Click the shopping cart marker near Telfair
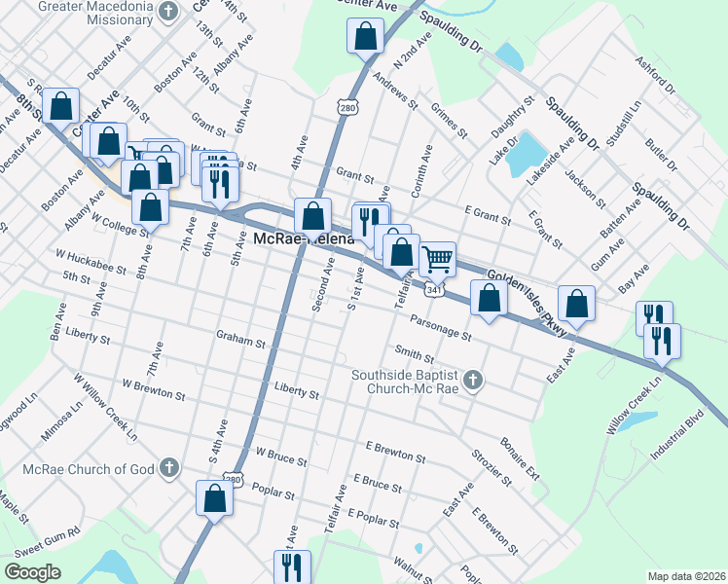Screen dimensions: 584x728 [438, 258]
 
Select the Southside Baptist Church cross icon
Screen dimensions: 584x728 [473, 380]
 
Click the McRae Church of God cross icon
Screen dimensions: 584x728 [169, 468]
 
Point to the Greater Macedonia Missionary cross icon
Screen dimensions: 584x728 [169, 13]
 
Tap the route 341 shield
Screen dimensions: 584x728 [435, 289]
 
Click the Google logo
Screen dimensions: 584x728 [32, 572]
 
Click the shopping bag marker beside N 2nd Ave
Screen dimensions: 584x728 [364, 38]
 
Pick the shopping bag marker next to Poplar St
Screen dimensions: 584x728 [214, 498]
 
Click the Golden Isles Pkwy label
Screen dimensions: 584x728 [526, 297]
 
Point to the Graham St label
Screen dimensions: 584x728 [240, 342]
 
